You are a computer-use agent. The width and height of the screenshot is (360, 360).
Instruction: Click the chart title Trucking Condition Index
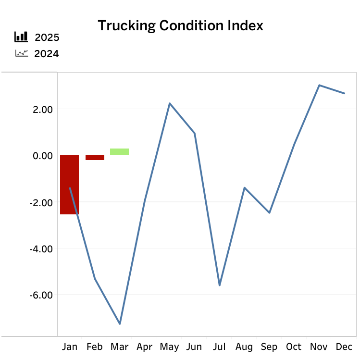180,25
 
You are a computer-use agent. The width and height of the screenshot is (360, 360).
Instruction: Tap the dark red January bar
69,185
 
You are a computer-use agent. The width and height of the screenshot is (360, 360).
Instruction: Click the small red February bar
95,158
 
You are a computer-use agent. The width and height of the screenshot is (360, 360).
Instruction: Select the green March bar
119,152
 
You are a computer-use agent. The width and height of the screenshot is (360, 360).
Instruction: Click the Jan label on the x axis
70,347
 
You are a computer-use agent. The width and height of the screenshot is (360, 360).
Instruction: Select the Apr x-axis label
144,347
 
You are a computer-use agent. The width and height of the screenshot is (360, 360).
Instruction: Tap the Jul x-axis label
219,347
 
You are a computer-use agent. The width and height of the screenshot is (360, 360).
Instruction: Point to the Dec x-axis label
344,347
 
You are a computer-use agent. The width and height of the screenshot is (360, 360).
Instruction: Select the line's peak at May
170,103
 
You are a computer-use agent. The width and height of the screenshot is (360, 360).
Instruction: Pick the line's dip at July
220,286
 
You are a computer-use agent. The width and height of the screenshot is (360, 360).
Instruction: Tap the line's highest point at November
319,85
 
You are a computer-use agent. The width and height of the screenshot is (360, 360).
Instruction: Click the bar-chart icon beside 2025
21,37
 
